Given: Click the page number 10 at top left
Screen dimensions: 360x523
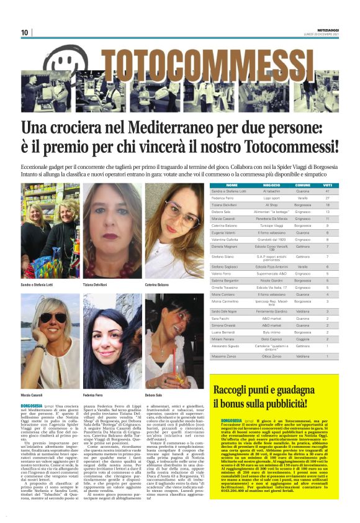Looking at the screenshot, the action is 24,32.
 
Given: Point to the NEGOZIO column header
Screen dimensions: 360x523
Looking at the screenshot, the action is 271,185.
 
